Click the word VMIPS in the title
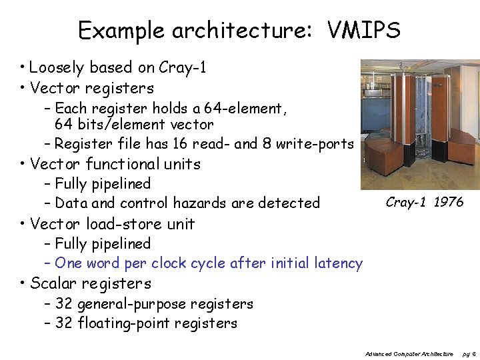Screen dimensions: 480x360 tap(363, 31)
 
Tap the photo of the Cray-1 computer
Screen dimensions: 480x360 tap(419, 125)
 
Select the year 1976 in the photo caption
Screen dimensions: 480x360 tap(448, 202)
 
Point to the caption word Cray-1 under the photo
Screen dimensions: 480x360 tap(407, 202)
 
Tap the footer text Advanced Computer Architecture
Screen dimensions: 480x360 tap(409, 353)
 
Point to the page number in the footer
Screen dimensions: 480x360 tap(469, 353)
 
